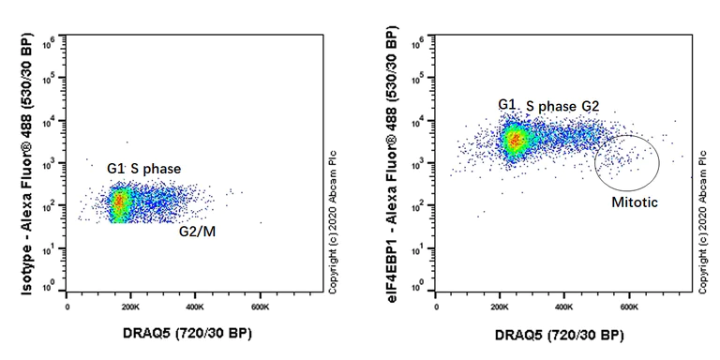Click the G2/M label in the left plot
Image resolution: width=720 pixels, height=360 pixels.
[x=200, y=230]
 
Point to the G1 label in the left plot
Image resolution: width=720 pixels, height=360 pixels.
[x=116, y=168]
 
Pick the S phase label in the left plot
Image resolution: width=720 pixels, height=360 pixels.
[x=156, y=168]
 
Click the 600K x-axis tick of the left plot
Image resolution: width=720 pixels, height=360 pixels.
[x=260, y=306]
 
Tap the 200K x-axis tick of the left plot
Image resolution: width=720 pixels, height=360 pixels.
[x=131, y=306]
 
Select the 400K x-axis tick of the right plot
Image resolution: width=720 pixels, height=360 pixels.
[x=564, y=306]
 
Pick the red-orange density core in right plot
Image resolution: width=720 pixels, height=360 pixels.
[x=514, y=141]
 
